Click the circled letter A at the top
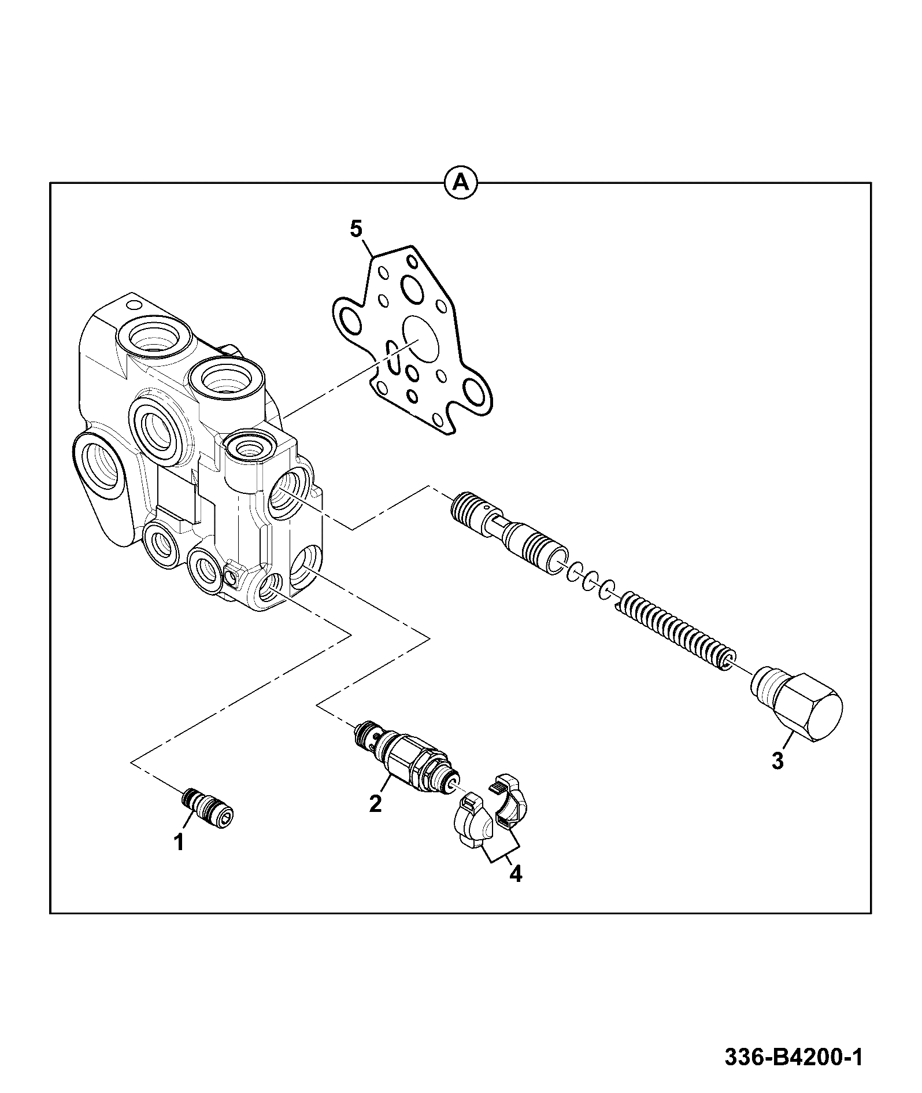tap(461, 183)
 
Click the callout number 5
tap(356, 229)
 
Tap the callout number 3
tap(777, 760)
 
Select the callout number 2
tap(376, 803)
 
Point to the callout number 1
tap(180, 842)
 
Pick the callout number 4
tap(515, 891)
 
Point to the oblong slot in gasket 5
tap(393, 357)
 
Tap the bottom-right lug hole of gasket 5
tap(476, 395)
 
